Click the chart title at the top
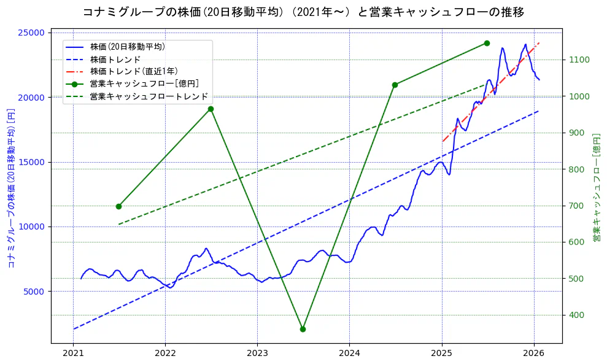pyautogui.click(x=303, y=12)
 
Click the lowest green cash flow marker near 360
pyautogui.click(x=303, y=329)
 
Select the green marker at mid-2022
pyautogui.click(x=211, y=109)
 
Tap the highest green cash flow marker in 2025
pyautogui.click(x=487, y=43)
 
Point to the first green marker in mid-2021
pyautogui.click(x=118, y=206)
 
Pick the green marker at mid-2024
pyautogui.click(x=395, y=85)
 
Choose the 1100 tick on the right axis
pyautogui.click(x=579, y=60)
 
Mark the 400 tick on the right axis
pyautogui.click(x=578, y=315)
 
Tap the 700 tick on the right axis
pyautogui.click(x=578, y=206)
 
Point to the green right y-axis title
pyautogui.click(x=596, y=187)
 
